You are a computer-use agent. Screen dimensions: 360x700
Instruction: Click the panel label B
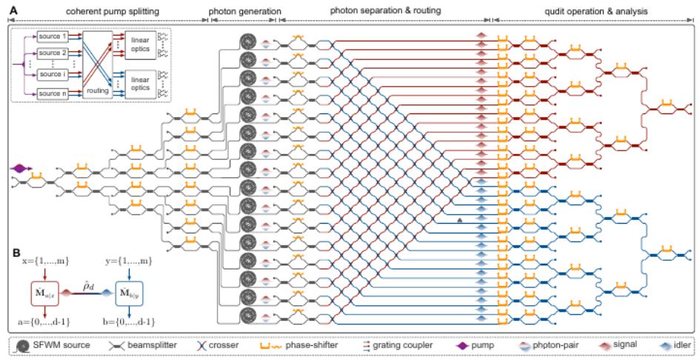(16, 252)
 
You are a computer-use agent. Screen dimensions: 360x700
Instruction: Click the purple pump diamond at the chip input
(20, 170)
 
